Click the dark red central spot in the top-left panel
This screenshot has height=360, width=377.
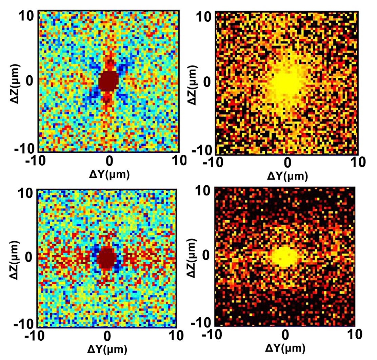tap(108, 80)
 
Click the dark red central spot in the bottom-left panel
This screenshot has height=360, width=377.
tap(107, 258)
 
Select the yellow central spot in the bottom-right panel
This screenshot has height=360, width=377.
tap(285, 256)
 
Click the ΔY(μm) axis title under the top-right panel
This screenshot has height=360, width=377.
tap(287, 175)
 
